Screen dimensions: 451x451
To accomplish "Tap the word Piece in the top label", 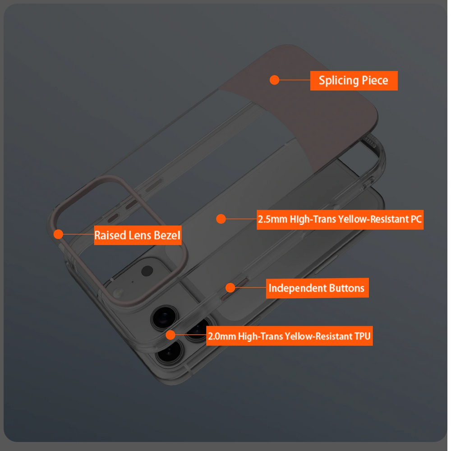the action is pyautogui.click(x=375, y=80).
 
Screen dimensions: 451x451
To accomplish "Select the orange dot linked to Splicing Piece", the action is pyautogui.click(x=274, y=80).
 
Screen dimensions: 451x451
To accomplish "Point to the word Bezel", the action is pyautogui.click(x=167, y=235).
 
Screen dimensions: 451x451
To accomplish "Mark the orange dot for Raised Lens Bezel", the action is pyautogui.click(x=58, y=234).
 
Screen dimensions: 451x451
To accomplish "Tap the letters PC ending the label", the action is pyautogui.click(x=416, y=219).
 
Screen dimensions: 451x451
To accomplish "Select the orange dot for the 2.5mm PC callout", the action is pyautogui.click(x=221, y=219).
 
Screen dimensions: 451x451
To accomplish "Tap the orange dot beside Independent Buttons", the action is pyautogui.click(x=230, y=288).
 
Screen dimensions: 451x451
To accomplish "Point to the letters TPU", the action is pyautogui.click(x=363, y=336).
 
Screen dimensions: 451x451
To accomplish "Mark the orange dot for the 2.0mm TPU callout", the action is pyautogui.click(x=170, y=335).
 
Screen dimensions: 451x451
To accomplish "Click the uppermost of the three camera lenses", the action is pyautogui.click(x=165, y=318).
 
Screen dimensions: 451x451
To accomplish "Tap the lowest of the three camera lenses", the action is pyautogui.click(x=170, y=351).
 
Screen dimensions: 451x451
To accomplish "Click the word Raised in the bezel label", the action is pyautogui.click(x=110, y=235).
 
